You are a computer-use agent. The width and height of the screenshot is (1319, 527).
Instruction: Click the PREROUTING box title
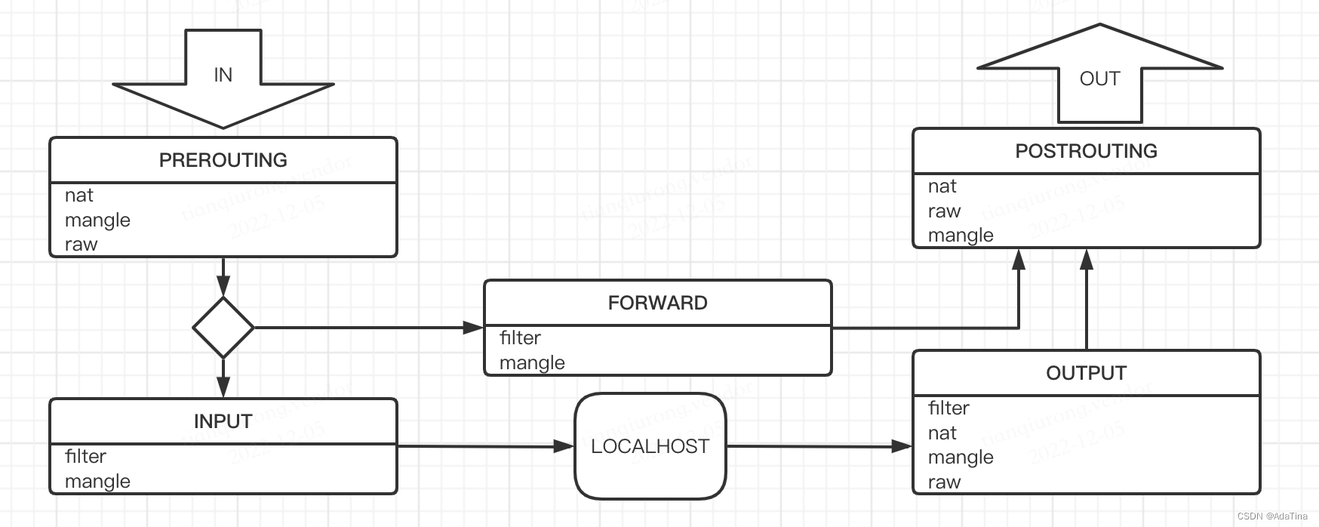tap(223, 160)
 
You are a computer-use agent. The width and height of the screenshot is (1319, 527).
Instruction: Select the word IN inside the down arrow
tap(223, 75)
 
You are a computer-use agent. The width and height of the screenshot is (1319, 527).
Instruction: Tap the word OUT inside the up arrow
tap(1099, 79)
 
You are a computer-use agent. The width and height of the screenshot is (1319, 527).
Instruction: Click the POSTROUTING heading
tap(1086, 151)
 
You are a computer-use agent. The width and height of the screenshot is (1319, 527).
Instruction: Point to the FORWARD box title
tap(657, 303)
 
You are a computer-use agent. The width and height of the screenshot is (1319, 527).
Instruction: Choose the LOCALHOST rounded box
tap(650, 446)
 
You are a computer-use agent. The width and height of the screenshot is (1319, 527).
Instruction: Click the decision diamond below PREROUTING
tap(223, 328)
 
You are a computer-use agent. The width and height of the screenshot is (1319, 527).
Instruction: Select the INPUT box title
tap(223, 421)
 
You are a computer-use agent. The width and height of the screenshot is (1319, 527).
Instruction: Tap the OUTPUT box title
tap(1086, 373)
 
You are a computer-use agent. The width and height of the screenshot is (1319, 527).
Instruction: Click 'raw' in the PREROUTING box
tap(81, 245)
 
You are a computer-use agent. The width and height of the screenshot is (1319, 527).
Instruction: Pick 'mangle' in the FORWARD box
tap(532, 363)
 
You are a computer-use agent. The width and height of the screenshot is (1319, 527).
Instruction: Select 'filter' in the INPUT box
tap(85, 456)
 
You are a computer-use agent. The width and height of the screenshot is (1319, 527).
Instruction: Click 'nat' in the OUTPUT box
tap(942, 433)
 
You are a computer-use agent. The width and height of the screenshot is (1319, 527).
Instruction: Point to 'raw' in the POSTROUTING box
tap(944, 211)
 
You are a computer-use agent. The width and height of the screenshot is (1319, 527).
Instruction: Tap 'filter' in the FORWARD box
tap(520, 337)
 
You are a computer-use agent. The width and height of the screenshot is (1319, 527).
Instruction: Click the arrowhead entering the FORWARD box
tap(474, 328)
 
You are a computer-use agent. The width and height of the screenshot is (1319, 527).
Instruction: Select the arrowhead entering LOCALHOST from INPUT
tap(564, 446)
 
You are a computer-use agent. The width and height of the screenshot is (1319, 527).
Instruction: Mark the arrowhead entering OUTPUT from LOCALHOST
tap(902, 446)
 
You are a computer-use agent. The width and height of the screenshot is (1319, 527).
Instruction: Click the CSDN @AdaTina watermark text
tap(1272, 516)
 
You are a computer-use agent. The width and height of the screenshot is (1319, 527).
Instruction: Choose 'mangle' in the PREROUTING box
tap(97, 220)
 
